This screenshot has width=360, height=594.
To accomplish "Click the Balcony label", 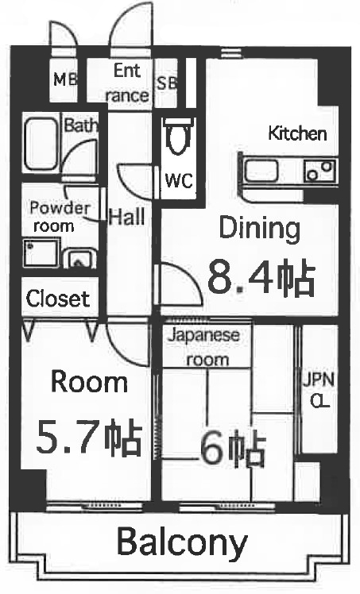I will coord(182,544).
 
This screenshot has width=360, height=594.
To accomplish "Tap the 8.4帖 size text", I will coord(261,277).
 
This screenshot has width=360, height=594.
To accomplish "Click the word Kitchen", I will coord(297,133).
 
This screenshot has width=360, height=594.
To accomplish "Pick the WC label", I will coord(179,180).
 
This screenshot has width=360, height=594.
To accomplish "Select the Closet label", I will coord(58,299).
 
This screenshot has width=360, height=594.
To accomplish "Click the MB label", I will coord(65,79).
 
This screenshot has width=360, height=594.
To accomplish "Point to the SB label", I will coord(167,82).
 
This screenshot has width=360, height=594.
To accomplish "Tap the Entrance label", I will coord(127,83).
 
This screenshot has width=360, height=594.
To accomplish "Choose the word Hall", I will coord(126,216).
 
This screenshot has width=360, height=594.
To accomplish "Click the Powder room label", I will coord(60,216).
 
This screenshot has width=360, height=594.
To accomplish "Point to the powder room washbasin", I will coord(79,257).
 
